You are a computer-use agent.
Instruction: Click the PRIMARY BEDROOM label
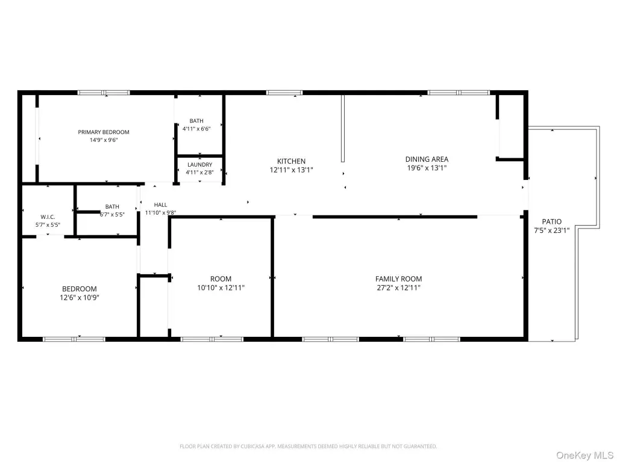tap(104, 132)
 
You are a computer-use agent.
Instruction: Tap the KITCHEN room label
tap(291, 161)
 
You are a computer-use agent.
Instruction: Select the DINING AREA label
tap(427, 159)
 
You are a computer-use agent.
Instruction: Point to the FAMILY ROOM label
tap(399, 279)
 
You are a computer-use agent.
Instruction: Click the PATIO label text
tap(552, 221)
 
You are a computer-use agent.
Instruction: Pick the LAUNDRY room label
tap(200, 165)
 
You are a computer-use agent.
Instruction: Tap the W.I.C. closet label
tap(48, 217)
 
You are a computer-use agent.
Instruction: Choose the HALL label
tap(160, 205)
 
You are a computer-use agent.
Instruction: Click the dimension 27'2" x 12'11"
tap(399, 288)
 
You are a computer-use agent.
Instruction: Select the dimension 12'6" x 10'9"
tap(80, 298)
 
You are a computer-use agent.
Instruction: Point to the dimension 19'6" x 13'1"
tap(427, 168)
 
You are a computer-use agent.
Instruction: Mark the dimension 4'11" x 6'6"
tap(197, 129)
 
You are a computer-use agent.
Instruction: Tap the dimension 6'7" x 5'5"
tap(112, 215)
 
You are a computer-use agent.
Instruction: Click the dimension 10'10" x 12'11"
tap(221, 288)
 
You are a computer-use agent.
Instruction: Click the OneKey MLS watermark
tap(584, 455)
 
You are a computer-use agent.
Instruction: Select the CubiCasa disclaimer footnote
tap(308, 446)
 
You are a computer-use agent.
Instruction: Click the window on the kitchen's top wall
tap(284, 93)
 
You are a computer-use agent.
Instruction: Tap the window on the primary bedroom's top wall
tap(104, 93)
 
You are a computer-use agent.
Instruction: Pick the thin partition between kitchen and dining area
tap(343, 128)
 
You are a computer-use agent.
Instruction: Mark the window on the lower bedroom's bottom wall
tap(74, 339)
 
